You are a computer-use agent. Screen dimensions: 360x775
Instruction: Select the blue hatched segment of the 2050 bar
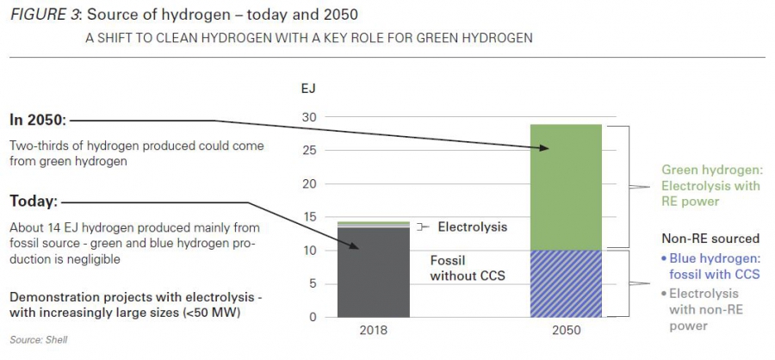pos(566,283)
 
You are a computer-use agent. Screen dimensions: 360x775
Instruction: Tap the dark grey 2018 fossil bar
pos(373,271)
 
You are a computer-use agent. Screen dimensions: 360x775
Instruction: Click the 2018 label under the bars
pos(373,332)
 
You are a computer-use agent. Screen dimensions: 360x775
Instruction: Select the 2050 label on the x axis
pos(566,332)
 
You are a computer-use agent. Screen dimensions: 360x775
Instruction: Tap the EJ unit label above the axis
pos(308,89)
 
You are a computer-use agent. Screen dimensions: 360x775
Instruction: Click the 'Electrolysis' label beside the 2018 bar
pos(472,227)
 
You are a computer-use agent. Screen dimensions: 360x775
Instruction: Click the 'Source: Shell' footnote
pos(38,340)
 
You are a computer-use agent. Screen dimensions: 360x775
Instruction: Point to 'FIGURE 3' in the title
pos(42,16)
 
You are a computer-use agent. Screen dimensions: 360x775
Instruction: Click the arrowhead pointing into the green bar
pos(545,149)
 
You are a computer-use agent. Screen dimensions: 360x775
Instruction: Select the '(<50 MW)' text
pos(212,313)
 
